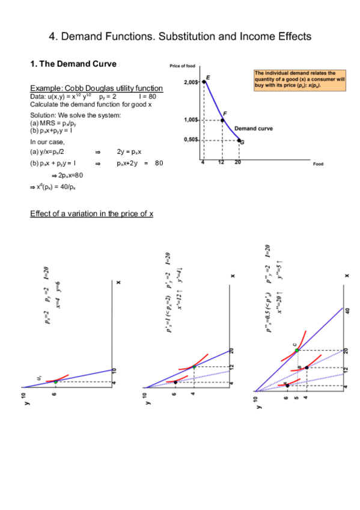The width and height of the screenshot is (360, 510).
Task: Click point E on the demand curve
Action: pos(204,82)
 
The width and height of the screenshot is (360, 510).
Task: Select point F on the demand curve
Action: pos(222,120)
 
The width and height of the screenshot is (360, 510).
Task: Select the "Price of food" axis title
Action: pos(183,66)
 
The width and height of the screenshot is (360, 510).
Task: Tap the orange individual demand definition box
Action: pos(299,80)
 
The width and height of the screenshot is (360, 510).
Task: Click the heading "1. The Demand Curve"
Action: pos(73,64)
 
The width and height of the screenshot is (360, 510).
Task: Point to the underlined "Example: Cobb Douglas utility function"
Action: pos(96,88)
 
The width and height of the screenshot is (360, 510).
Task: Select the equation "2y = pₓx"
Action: pos(129,152)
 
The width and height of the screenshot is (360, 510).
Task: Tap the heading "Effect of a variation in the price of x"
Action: pos(91,214)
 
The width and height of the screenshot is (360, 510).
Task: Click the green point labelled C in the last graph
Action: pos(296,350)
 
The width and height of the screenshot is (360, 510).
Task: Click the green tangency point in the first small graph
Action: pos(56,381)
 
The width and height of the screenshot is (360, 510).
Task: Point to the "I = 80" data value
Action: pos(147,96)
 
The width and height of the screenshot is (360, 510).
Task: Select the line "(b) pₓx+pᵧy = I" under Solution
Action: pos(52,129)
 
